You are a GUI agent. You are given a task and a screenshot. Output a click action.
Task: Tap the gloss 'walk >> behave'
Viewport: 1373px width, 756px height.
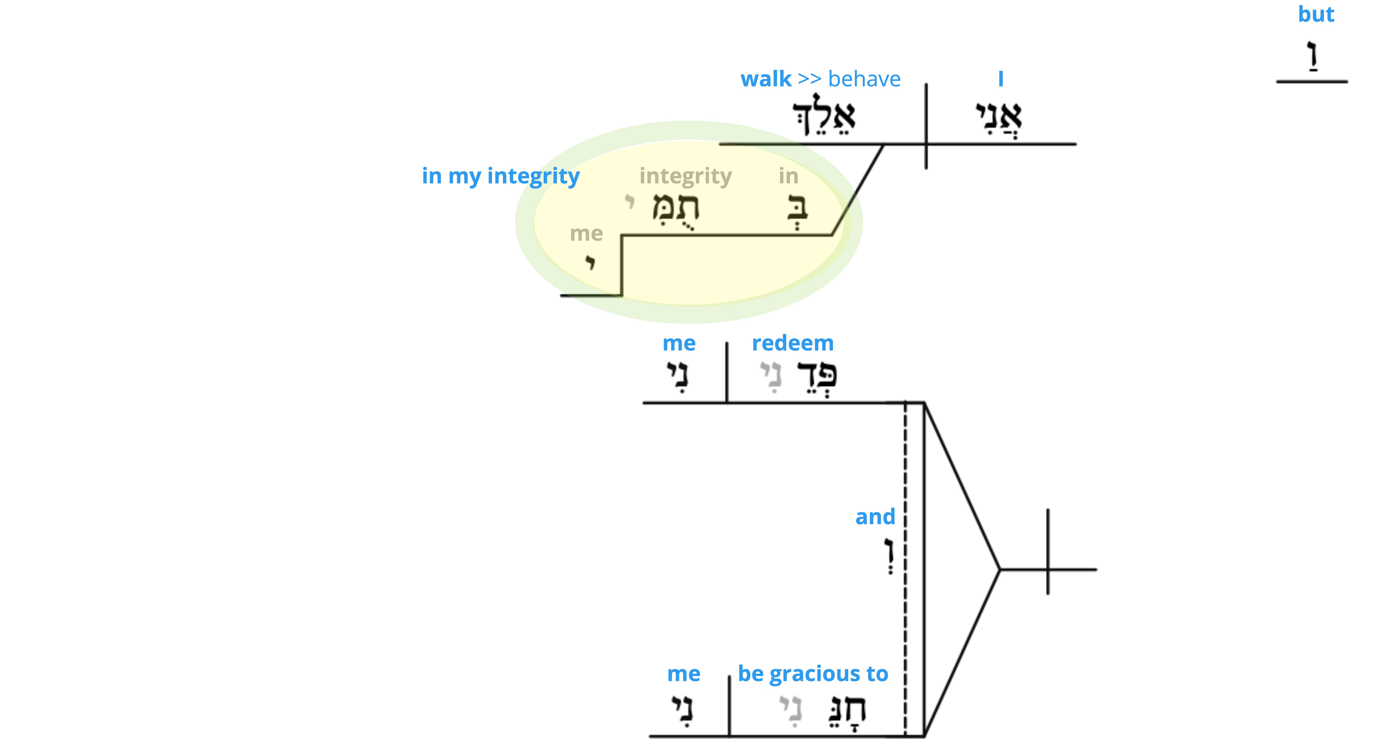pos(820,79)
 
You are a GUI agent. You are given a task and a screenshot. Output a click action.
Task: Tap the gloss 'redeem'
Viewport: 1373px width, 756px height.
pos(793,343)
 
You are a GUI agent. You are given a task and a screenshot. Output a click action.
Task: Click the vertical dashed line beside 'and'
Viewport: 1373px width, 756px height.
pos(905,569)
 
